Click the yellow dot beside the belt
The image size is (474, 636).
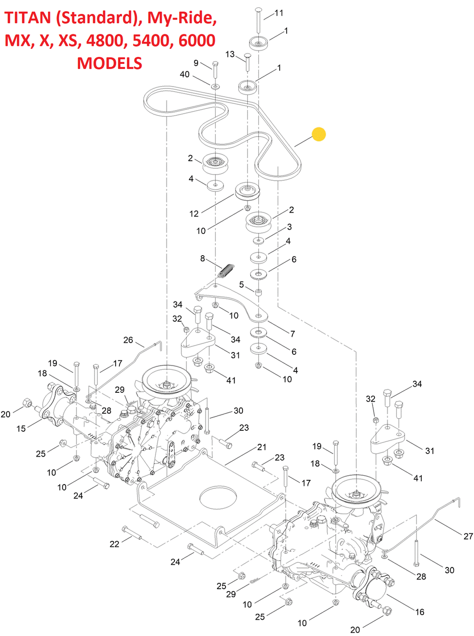[x=318, y=134]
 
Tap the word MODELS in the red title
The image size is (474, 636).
[x=109, y=63]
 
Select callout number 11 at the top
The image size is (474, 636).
[x=279, y=13]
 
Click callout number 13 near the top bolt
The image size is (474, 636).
[x=230, y=54]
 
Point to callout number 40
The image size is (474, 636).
[x=185, y=74]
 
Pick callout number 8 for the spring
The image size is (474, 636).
[x=202, y=258]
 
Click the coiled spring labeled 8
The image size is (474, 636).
[x=227, y=270]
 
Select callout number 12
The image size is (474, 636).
[x=194, y=214]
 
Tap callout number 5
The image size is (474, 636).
[x=242, y=284]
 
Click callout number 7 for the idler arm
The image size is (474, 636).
[x=293, y=334]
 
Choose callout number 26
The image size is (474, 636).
[x=128, y=340]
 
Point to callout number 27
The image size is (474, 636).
[x=468, y=536]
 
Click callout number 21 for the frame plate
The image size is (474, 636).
[x=262, y=447]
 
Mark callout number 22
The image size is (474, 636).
[x=114, y=544]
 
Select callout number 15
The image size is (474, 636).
[x=21, y=428]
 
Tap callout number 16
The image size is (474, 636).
[x=419, y=612]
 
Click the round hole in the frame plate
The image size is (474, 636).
[x=218, y=498]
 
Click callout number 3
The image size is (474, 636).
[x=289, y=227]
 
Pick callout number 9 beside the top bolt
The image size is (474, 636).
[x=196, y=63]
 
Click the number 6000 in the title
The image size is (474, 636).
[x=197, y=41]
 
